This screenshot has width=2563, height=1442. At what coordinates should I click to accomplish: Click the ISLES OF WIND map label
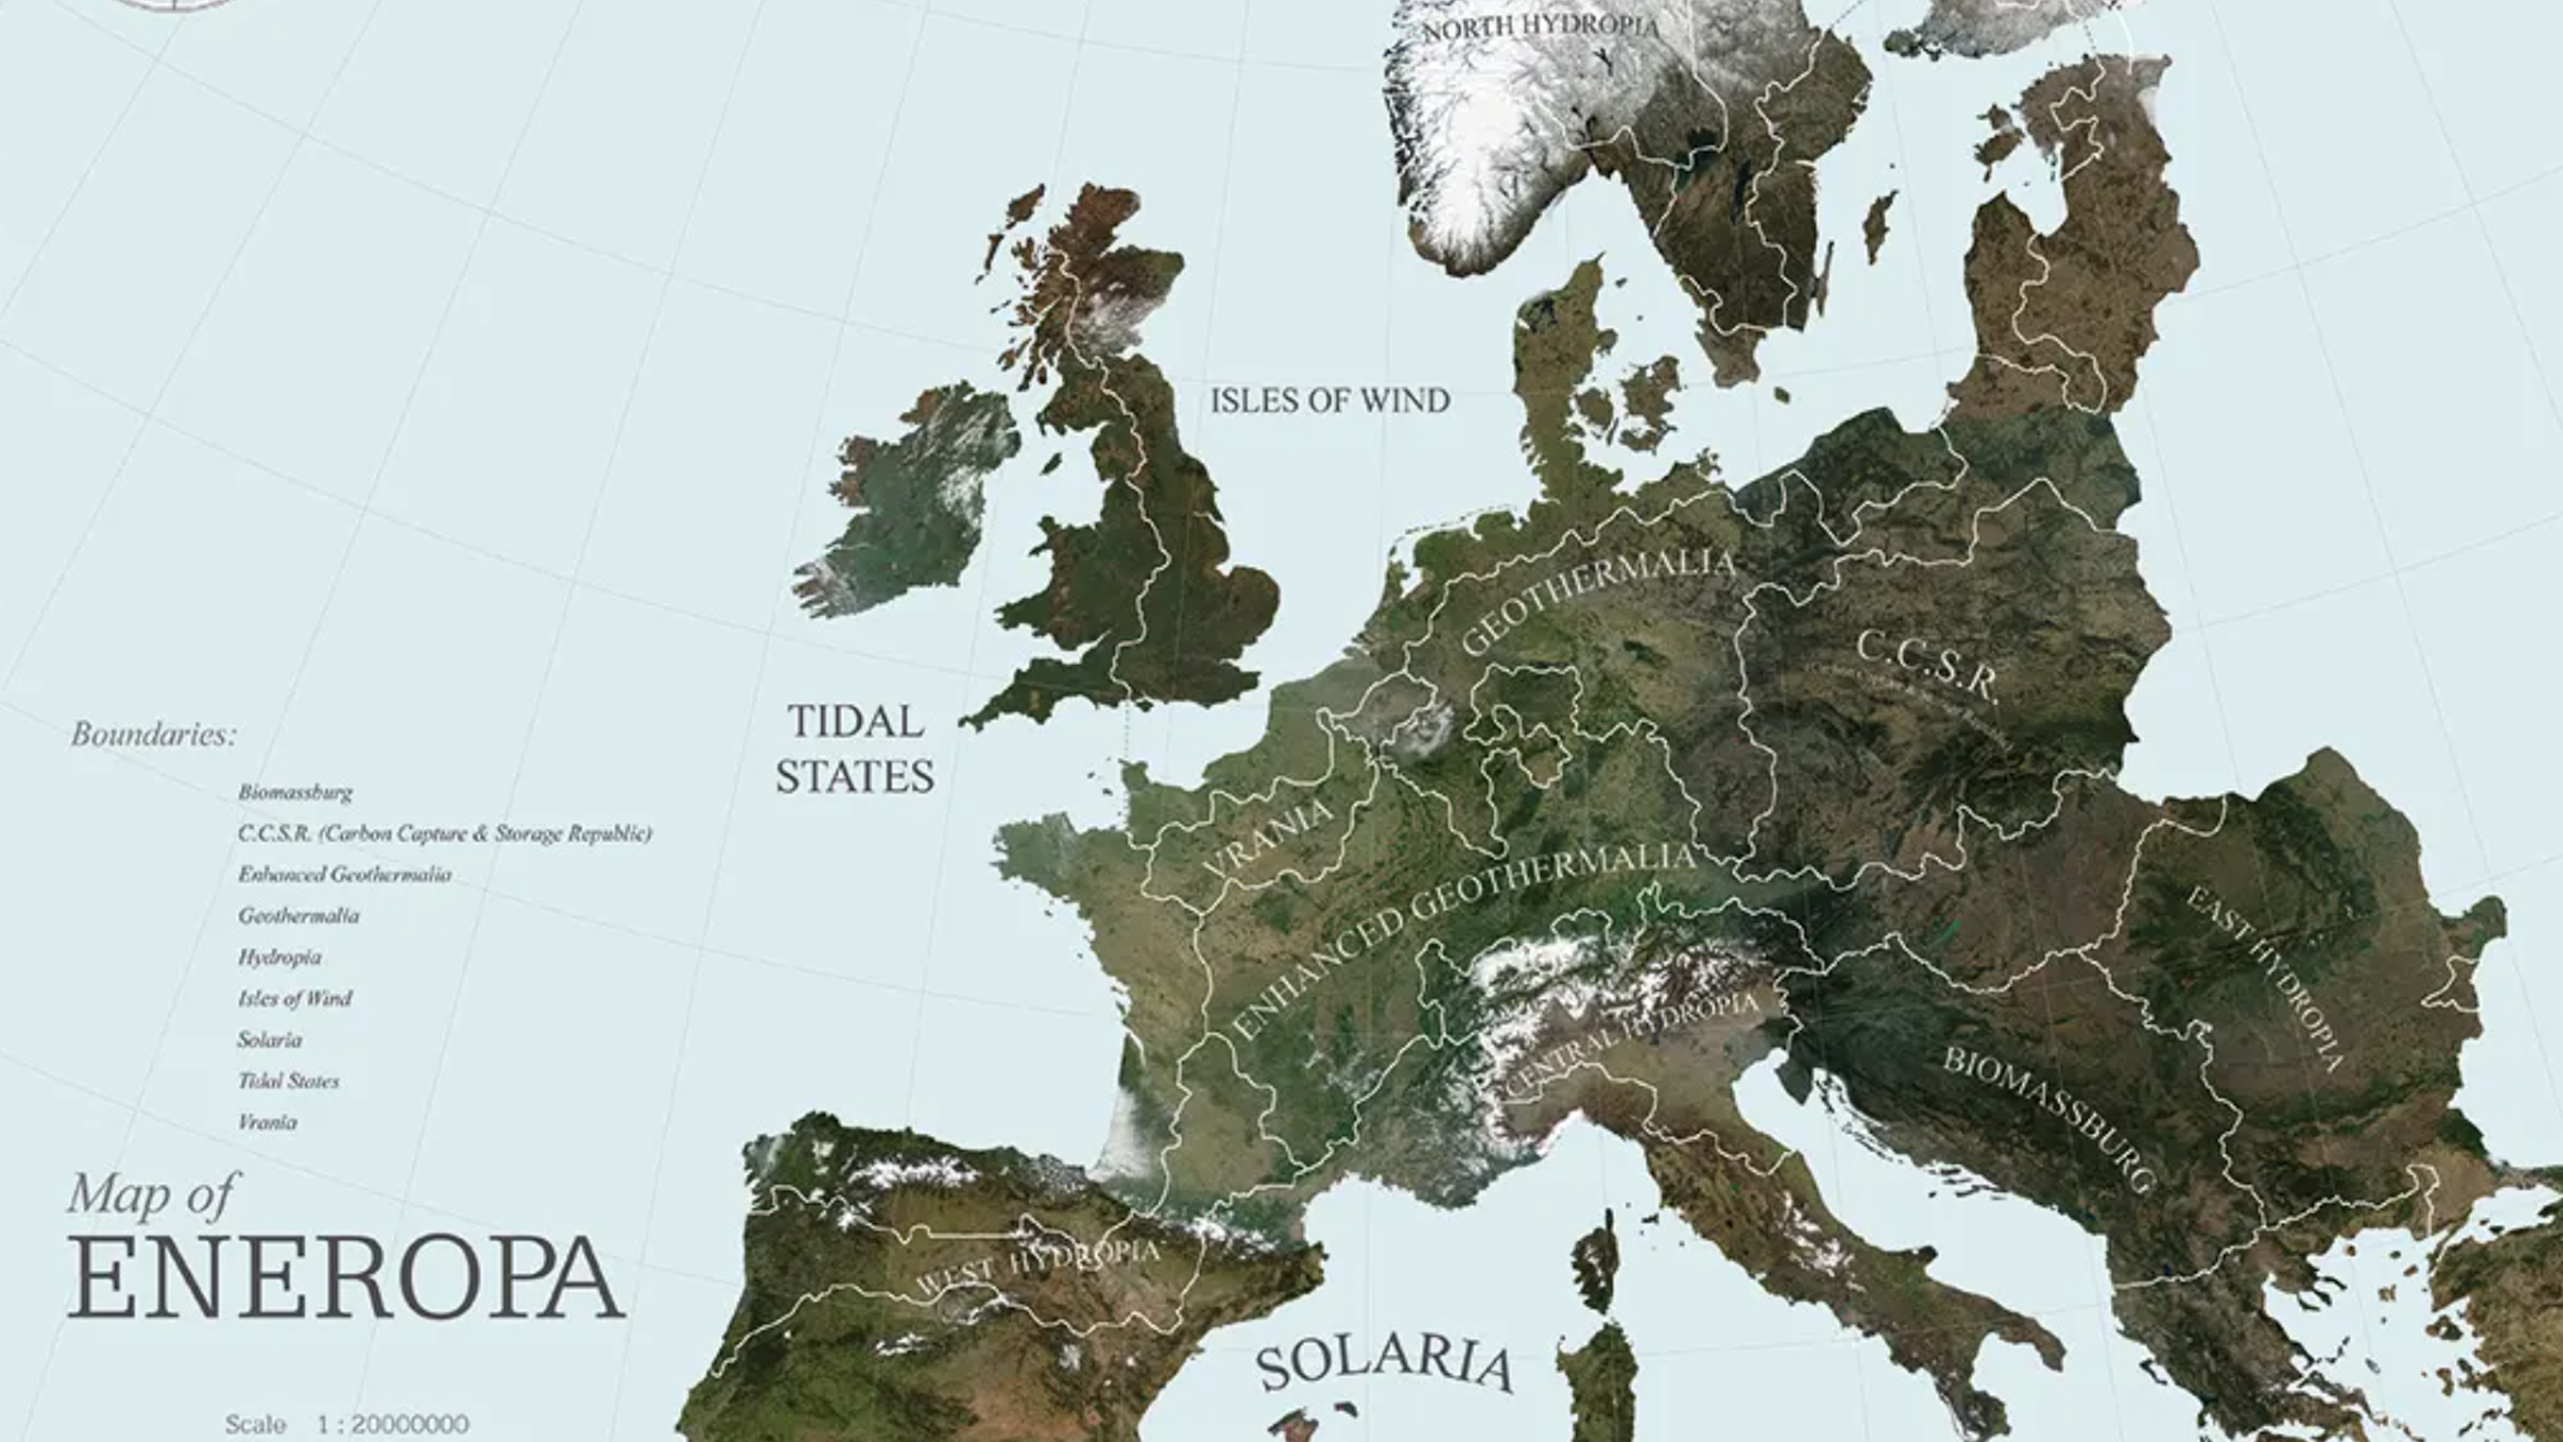coord(1330,401)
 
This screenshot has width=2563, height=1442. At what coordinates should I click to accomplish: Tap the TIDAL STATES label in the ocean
coord(855,749)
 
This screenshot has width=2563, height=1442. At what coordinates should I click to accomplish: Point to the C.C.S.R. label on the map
coord(1927,665)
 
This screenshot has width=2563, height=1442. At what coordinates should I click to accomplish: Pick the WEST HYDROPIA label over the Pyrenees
coord(1036,1267)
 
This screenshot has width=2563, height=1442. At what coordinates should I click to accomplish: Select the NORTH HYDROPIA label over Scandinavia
coord(1540,27)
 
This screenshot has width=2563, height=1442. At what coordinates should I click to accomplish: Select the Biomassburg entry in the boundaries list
coord(295,793)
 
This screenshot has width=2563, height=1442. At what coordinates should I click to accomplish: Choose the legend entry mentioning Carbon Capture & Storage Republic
coord(444,834)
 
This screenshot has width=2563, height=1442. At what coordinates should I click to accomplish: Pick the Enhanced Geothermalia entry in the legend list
coord(344,875)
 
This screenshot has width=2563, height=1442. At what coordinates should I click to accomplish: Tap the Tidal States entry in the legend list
coord(288,1081)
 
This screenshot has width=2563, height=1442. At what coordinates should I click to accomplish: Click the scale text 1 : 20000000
coord(393,1424)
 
